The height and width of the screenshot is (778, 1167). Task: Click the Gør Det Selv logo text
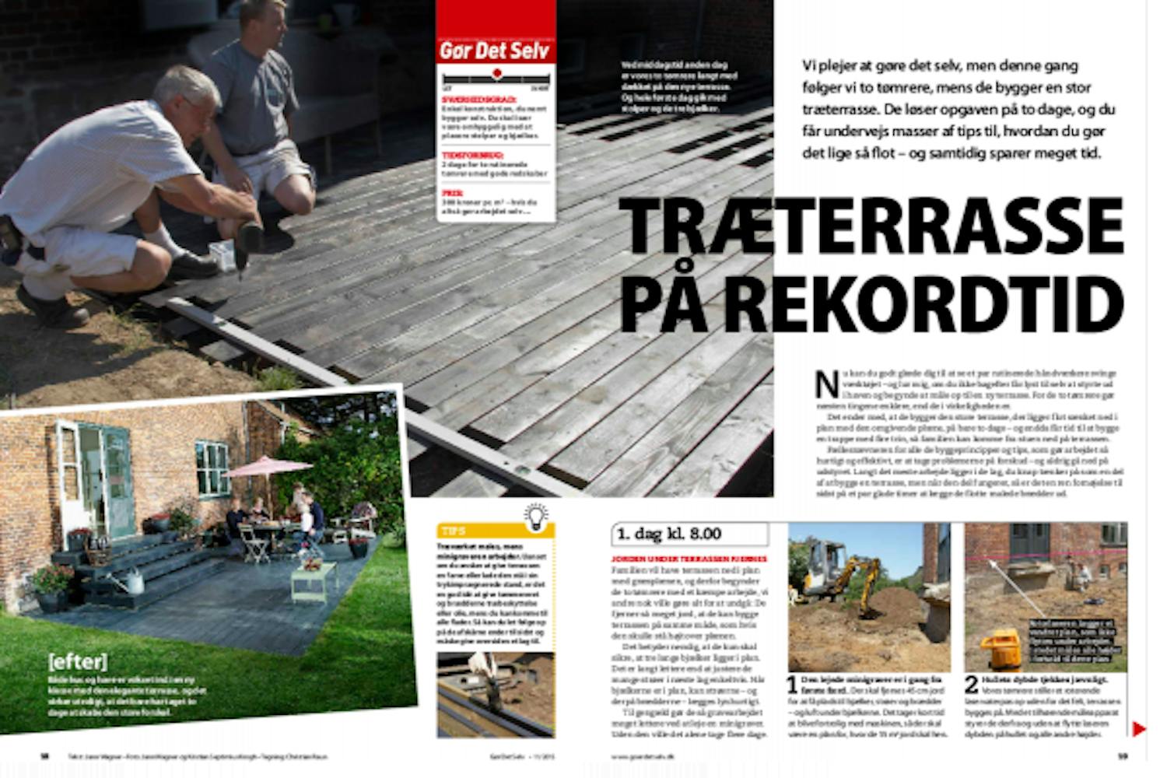click(x=495, y=51)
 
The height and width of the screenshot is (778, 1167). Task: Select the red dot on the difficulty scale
click(x=497, y=74)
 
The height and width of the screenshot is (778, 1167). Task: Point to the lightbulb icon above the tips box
click(x=537, y=517)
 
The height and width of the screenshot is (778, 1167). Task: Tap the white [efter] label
click(x=77, y=662)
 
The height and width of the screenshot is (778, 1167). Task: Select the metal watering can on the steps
click(x=128, y=580)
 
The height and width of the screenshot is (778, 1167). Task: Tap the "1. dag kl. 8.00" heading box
click(x=690, y=534)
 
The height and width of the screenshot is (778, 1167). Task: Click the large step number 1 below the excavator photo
click(x=792, y=685)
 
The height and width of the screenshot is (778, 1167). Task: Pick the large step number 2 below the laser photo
click(x=972, y=685)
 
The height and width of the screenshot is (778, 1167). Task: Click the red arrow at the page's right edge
click(x=1139, y=729)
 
